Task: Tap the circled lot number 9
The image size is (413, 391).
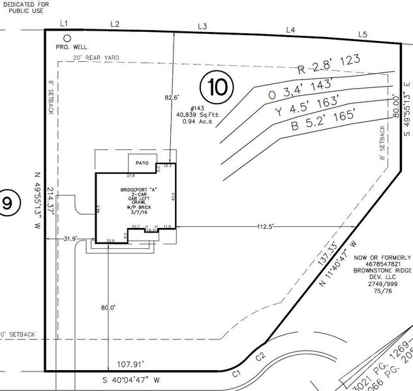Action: coord(7,204)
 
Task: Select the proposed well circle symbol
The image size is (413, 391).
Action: coord(67,38)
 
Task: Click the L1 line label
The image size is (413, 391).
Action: coord(64,23)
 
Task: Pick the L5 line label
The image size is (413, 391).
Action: coord(363,34)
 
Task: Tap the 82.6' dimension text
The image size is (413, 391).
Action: coord(171,98)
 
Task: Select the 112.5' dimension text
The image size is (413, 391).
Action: coord(265,226)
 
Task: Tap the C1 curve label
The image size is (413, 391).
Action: coord(238,373)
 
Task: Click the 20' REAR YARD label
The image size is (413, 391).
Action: coord(98,59)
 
